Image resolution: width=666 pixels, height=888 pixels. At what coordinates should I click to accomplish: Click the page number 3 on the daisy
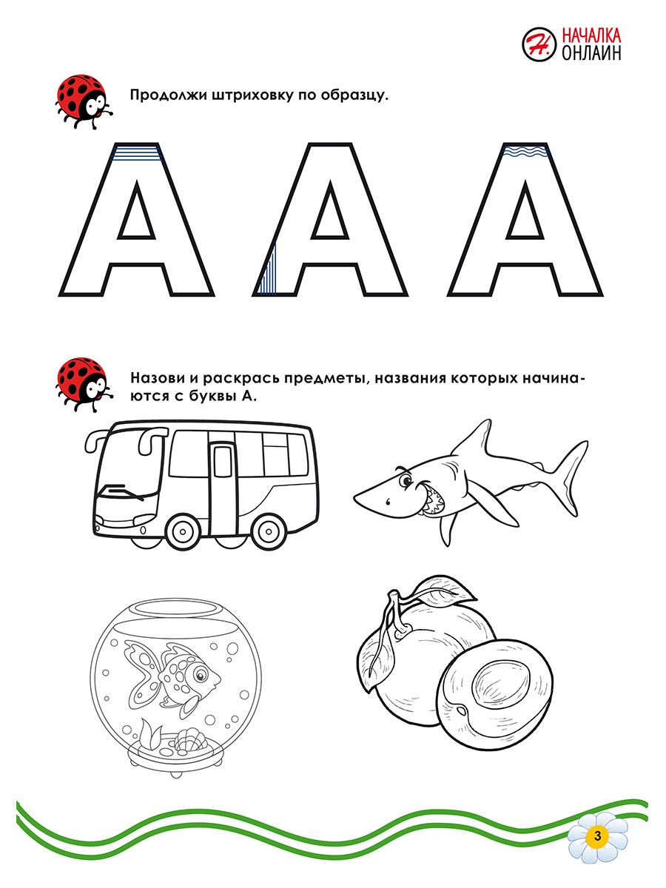pyautogui.click(x=596, y=836)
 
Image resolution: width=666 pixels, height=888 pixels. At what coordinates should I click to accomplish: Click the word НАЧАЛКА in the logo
pyautogui.click(x=592, y=35)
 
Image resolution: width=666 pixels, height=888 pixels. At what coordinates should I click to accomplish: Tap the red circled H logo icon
pyautogui.click(x=539, y=45)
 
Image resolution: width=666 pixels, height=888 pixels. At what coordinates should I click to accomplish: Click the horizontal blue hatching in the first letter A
pyautogui.click(x=135, y=154)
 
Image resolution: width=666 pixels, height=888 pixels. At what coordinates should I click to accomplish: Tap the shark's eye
pyautogui.click(x=406, y=482)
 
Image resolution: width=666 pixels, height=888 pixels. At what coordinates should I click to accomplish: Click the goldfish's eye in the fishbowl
pyautogui.click(x=199, y=675)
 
